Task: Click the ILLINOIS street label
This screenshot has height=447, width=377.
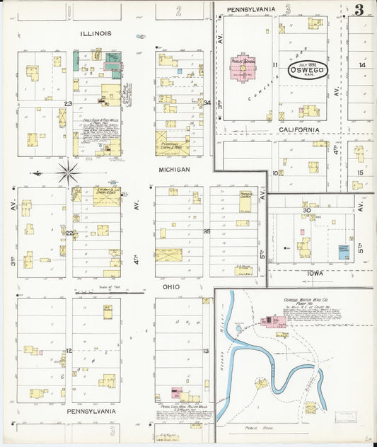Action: tap(95, 33)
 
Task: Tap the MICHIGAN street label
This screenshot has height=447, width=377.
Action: tap(174, 170)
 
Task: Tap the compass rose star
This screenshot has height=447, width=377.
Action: tap(68, 171)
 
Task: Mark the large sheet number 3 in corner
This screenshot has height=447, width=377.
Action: tap(359, 10)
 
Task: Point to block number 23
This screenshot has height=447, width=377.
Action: tap(68, 104)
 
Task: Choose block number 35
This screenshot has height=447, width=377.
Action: tap(207, 231)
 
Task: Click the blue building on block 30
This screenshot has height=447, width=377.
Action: tap(343, 252)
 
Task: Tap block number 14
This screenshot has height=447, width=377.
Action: tap(361, 65)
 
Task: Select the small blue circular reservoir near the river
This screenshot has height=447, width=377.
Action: tap(239, 328)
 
